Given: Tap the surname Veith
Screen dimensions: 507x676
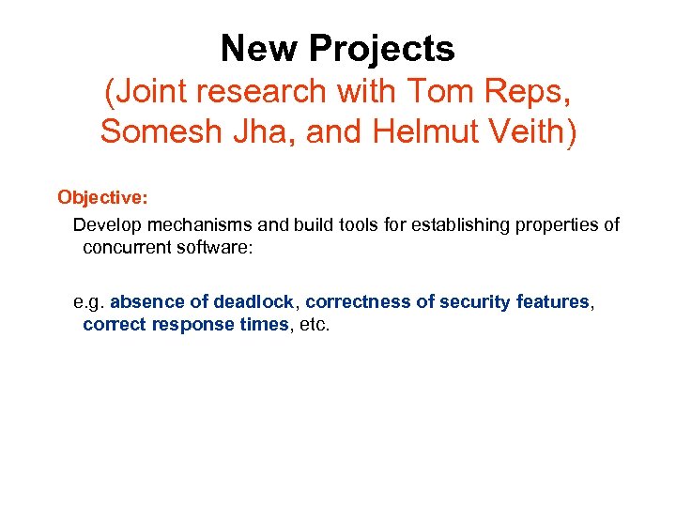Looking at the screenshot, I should [x=531, y=132].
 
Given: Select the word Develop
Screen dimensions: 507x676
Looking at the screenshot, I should [x=105, y=225].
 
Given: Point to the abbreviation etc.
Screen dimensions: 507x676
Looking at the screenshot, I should [x=315, y=325].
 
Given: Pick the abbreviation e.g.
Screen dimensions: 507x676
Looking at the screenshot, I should [x=89, y=302].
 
